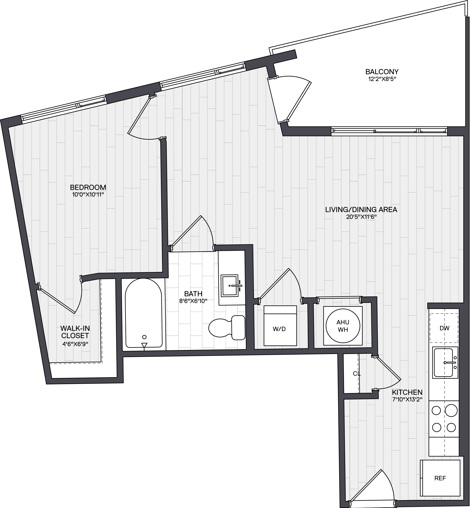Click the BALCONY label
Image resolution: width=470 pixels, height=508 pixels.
coord(382,72)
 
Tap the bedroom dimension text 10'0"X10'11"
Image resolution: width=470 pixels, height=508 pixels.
coord(88,195)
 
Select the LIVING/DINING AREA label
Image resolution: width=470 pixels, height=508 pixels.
coord(361,210)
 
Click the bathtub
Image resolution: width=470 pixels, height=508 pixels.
coord(144,313)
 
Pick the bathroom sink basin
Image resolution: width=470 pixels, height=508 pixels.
coord(230,286)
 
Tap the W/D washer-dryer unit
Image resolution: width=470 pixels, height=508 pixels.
coord(280,326)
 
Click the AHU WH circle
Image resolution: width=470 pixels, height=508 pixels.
coord(343,326)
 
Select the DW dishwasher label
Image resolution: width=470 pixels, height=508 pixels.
coord(445,328)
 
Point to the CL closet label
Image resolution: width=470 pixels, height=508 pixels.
coord(357,374)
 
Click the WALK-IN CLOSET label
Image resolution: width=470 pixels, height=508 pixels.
coord(75,332)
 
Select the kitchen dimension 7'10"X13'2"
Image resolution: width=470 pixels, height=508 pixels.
coord(407,399)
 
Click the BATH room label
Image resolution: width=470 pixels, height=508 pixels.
coord(193,294)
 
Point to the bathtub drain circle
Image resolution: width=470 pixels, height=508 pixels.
coord(144,337)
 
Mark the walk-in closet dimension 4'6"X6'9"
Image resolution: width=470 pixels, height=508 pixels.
coord(75,344)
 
